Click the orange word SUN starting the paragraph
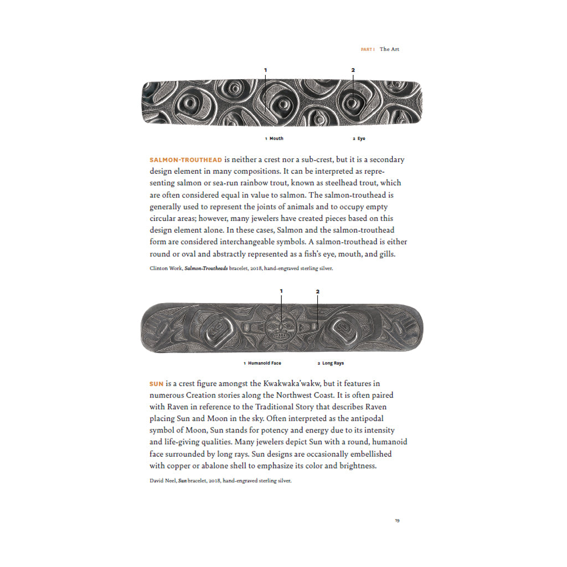(156, 383)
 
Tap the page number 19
(397, 520)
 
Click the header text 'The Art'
(389, 49)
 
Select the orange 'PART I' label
(368, 49)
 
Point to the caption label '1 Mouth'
(274, 138)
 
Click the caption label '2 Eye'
(359, 138)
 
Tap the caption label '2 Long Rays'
(331, 363)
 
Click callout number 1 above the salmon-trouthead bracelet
(265, 70)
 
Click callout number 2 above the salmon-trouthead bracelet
(353, 70)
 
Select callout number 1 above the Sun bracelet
(281, 291)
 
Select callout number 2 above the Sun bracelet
(317, 291)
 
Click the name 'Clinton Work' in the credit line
(166, 267)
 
